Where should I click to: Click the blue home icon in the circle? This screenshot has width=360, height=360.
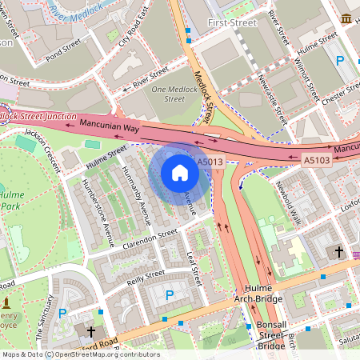180,173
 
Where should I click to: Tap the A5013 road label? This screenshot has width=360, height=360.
210,162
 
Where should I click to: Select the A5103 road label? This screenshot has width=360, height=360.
317,161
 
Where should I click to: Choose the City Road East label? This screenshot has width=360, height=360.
134,29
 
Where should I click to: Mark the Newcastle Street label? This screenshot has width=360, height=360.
273,97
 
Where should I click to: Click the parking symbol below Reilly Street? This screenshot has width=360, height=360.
169,295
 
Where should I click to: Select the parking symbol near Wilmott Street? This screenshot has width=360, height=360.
340,60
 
